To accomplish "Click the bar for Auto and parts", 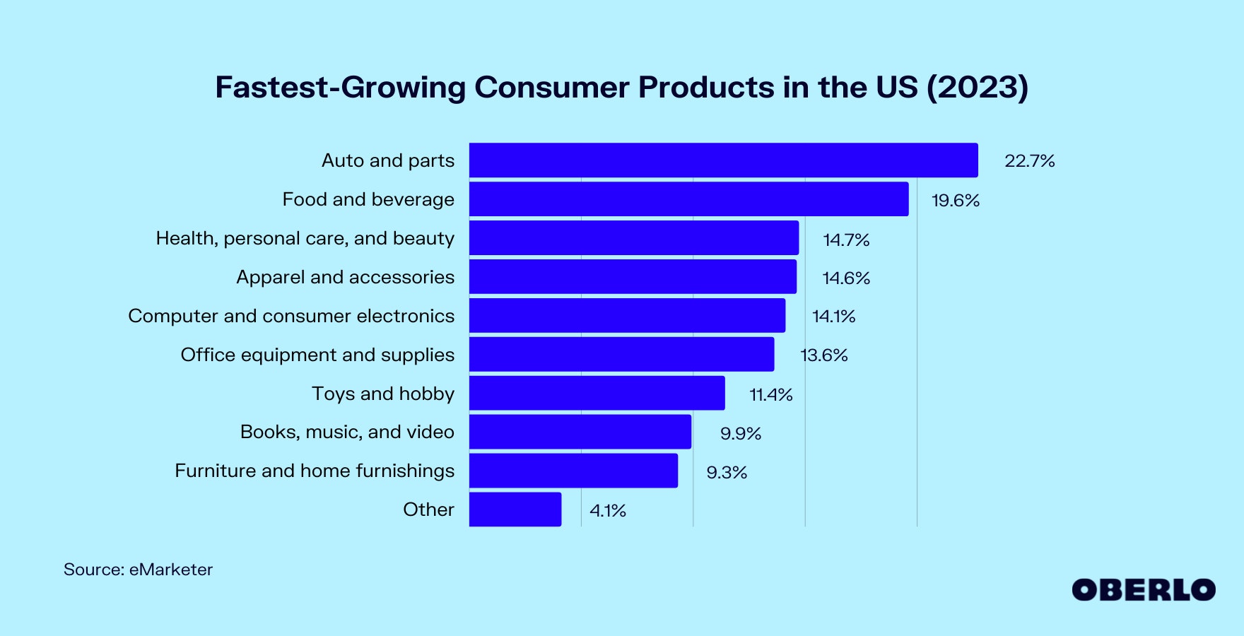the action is pyautogui.click(x=724, y=160).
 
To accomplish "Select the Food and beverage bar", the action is pyautogui.click(x=689, y=199).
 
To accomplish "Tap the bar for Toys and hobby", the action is pyautogui.click(x=597, y=393).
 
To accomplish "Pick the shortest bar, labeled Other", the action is pyautogui.click(x=515, y=510).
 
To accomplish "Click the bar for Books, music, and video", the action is pyautogui.click(x=580, y=432).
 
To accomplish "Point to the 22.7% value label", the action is pyautogui.click(x=1030, y=161).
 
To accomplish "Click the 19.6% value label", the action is pyautogui.click(x=956, y=201).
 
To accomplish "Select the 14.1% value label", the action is pyautogui.click(x=834, y=317).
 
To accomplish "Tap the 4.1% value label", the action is pyautogui.click(x=608, y=511).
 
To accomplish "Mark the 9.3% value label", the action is pyautogui.click(x=727, y=473).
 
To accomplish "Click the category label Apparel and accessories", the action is pyautogui.click(x=346, y=277).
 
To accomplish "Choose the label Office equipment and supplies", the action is pyautogui.click(x=318, y=355).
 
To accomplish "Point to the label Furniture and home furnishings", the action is pyautogui.click(x=315, y=471).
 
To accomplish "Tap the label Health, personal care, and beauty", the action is pyautogui.click(x=305, y=238).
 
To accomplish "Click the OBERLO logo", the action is pyautogui.click(x=1144, y=590).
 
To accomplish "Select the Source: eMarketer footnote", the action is pyautogui.click(x=138, y=570).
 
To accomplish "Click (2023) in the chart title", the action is pyautogui.click(x=978, y=88).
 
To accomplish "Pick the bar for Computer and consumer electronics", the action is pyautogui.click(x=628, y=315).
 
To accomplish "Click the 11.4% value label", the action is pyautogui.click(x=771, y=394).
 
